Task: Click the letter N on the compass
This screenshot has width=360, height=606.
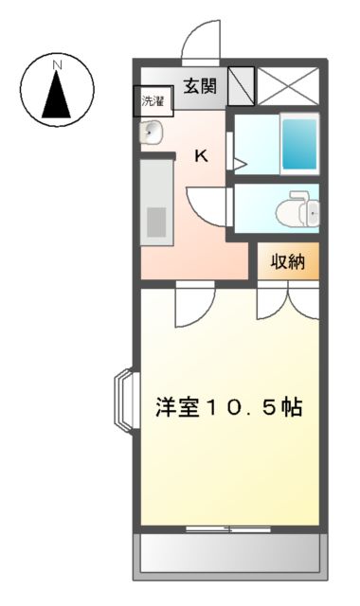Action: pyautogui.click(x=58, y=64)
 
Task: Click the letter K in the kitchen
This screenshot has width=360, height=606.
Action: pyautogui.click(x=201, y=157)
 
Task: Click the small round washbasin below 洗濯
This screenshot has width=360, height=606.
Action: pyautogui.click(x=151, y=133)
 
